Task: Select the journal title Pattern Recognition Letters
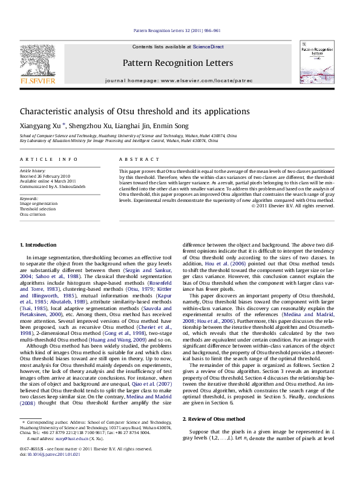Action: [177, 63]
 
